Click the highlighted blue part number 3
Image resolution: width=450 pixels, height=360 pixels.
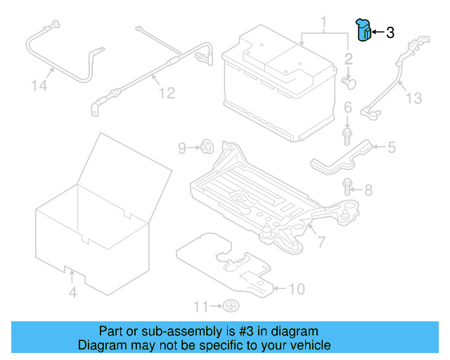coord(363,30)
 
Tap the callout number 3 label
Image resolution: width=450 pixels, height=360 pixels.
coord(391,32)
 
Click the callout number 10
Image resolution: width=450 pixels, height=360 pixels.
coord(297,289)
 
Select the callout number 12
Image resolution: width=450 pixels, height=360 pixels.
coord(166,92)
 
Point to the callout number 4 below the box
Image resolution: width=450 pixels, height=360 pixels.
coord(72,292)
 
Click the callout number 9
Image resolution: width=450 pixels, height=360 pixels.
coord(182,148)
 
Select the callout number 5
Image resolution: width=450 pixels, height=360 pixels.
coord(391,147)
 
